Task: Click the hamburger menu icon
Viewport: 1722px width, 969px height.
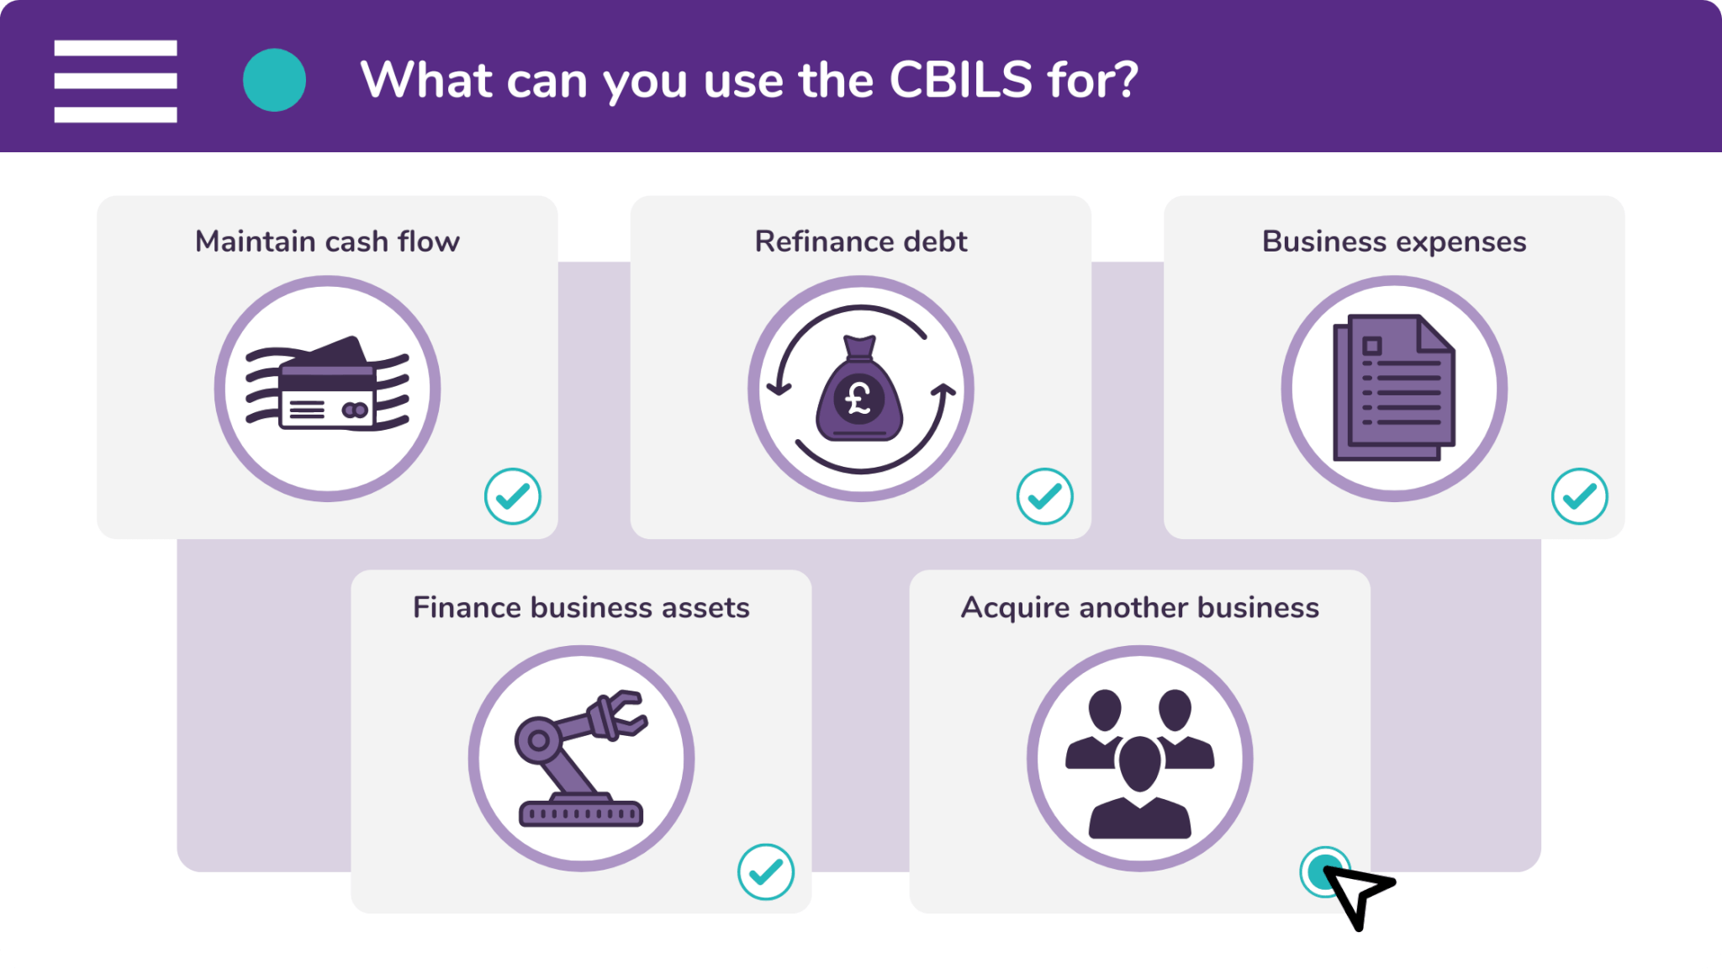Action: pyautogui.click(x=115, y=81)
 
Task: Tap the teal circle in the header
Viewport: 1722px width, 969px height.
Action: pyautogui.click(x=274, y=80)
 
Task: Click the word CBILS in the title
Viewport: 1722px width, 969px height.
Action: pyautogui.click(x=960, y=80)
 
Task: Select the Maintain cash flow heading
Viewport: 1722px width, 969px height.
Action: pyautogui.click(x=327, y=241)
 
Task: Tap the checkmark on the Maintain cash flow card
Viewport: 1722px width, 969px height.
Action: pyautogui.click(x=513, y=496)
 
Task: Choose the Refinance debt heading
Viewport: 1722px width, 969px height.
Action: pyautogui.click(x=861, y=241)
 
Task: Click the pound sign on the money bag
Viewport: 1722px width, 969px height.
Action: pyautogui.click(x=858, y=399)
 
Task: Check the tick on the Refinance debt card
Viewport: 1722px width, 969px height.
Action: pyautogui.click(x=1045, y=496)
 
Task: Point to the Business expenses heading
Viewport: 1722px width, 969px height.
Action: pyautogui.click(x=1394, y=242)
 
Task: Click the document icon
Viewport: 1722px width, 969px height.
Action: pyautogui.click(x=1394, y=388)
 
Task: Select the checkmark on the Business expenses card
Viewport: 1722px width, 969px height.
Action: pyautogui.click(x=1580, y=496)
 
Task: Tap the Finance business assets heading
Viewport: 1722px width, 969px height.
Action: pyautogui.click(x=581, y=607)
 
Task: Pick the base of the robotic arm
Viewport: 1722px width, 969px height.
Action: pyautogui.click(x=581, y=812)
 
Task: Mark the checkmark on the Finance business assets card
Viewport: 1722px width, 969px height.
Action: pyautogui.click(x=766, y=871)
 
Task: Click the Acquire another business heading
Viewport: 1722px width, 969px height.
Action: pyautogui.click(x=1140, y=608)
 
